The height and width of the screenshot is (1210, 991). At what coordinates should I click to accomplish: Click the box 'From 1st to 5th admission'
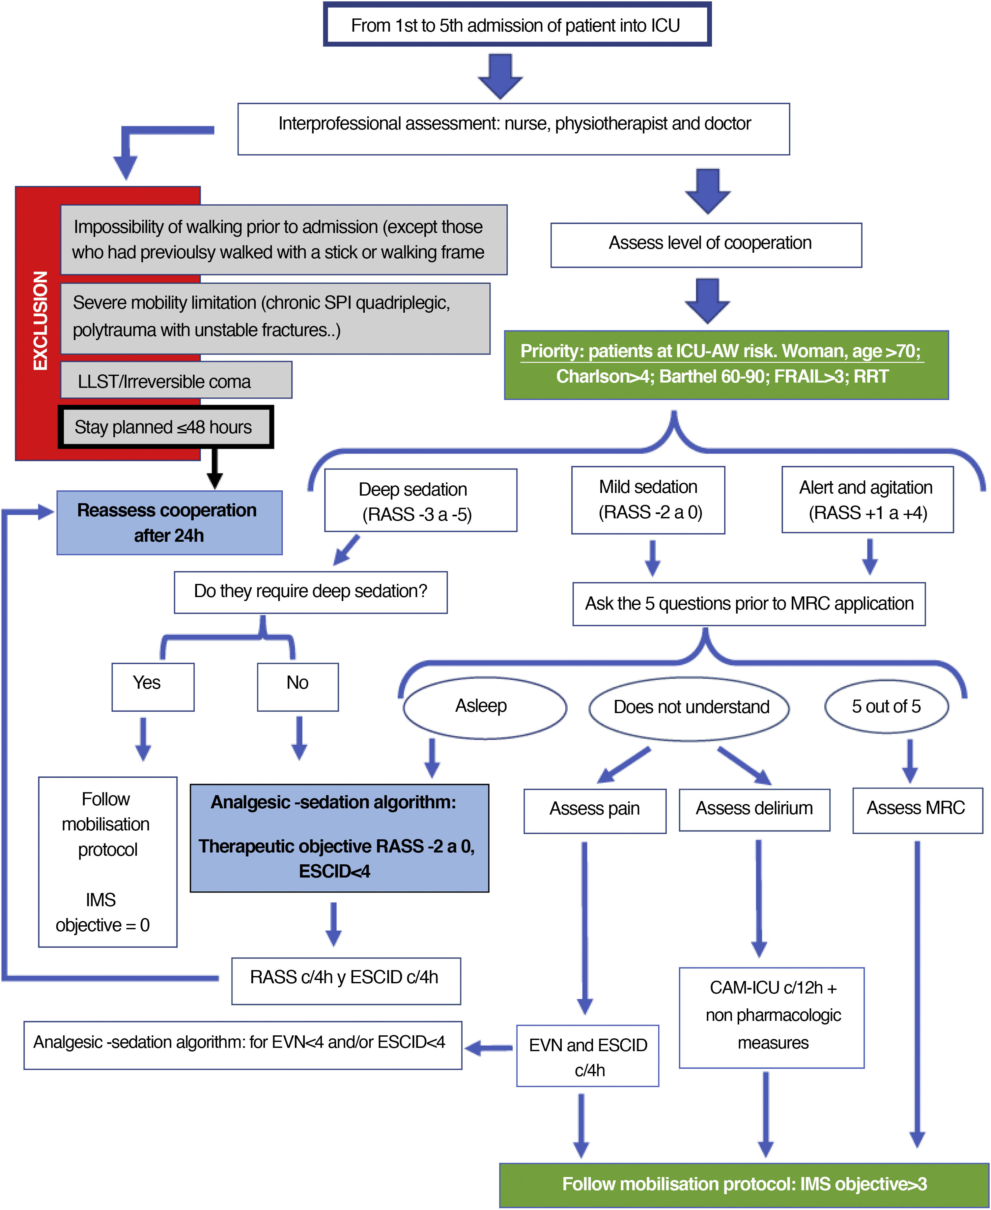point(517,25)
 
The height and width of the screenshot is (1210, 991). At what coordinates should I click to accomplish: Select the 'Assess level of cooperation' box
point(706,245)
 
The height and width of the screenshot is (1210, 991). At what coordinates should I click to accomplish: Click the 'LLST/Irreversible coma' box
point(176,380)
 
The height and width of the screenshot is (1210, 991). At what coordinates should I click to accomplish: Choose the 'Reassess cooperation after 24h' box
point(169,523)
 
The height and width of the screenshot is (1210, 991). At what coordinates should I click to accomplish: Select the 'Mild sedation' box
point(648,500)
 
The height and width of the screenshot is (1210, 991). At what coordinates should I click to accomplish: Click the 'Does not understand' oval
point(689,708)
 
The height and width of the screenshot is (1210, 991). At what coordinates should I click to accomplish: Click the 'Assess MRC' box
point(917,810)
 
